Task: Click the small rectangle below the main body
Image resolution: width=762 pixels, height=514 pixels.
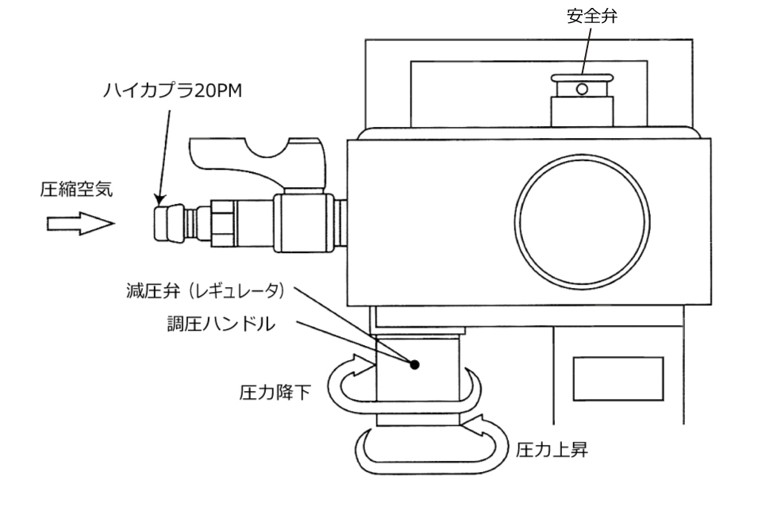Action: pos(618,379)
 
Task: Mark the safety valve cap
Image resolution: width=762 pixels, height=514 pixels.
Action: pos(583,82)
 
